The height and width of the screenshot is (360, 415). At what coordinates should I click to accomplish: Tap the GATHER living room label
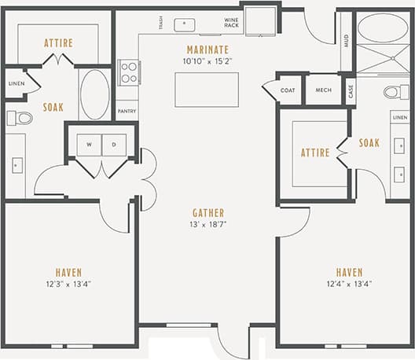pos(208,213)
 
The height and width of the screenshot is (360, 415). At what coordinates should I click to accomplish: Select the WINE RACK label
pos(231,23)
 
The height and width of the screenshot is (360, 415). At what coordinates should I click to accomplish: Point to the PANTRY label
pos(127,112)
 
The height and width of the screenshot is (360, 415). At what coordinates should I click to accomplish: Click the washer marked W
pos(90,145)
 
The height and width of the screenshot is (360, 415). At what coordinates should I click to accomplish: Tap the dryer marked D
pos(112,145)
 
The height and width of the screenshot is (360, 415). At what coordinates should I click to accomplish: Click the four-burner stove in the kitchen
pos(128,72)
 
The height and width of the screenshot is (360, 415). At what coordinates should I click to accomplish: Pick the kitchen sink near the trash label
pos(185,24)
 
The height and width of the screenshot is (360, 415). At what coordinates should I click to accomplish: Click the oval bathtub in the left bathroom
pos(94,94)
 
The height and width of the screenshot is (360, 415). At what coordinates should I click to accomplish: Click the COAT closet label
pos(288,91)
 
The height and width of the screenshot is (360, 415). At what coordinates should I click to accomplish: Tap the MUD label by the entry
pos(346,41)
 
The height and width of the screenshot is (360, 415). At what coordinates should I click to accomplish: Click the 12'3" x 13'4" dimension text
pos(68,285)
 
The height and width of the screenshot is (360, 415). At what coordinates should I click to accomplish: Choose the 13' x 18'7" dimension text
pos(208,226)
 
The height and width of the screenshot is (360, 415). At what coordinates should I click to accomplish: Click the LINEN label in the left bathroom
pos(15,83)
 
